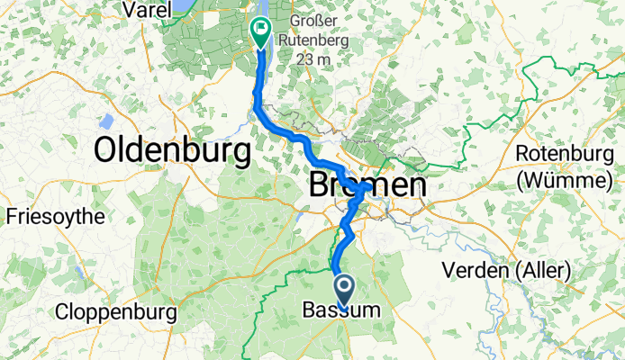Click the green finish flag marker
[x=261, y=32]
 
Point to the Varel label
[x=147, y=11]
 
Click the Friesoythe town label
[x=55, y=217]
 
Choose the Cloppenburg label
[x=113, y=313]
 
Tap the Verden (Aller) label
[x=507, y=269]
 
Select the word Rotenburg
[x=565, y=155]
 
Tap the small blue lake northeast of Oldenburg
[x=108, y=121]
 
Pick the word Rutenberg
[x=317, y=42]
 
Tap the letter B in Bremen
[x=320, y=186]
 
